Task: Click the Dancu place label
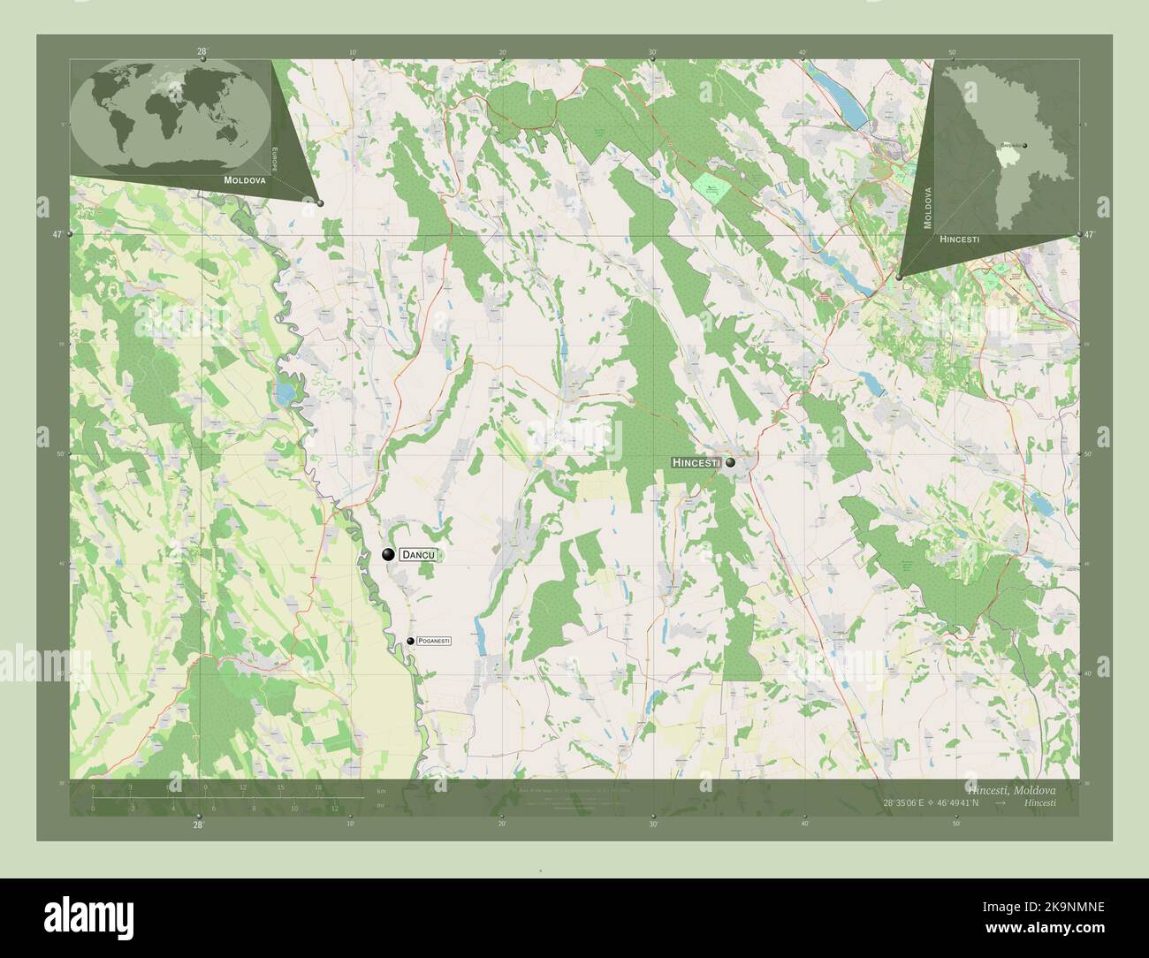pos(419,555)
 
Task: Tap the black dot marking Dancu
pos(388,555)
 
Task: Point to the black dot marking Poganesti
pos(410,642)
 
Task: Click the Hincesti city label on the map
pos(696,462)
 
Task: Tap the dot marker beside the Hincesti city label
pos(731,461)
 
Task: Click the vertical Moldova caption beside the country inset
pos(927,208)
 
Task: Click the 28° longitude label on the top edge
pos(202,51)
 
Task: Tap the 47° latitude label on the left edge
pos(57,234)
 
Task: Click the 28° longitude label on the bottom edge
pos(198,825)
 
